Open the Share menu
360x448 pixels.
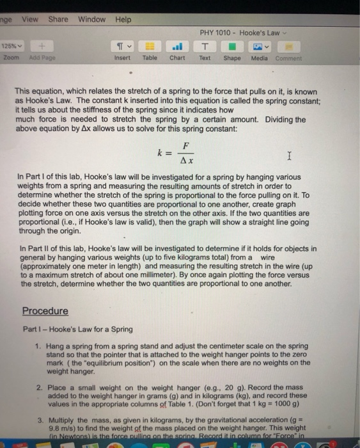pos(58,19)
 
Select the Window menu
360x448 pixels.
pos(91,19)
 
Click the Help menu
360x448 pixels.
pos(123,19)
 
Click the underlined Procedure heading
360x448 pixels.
pos(45,311)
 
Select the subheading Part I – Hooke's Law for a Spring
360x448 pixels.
pos(77,329)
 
